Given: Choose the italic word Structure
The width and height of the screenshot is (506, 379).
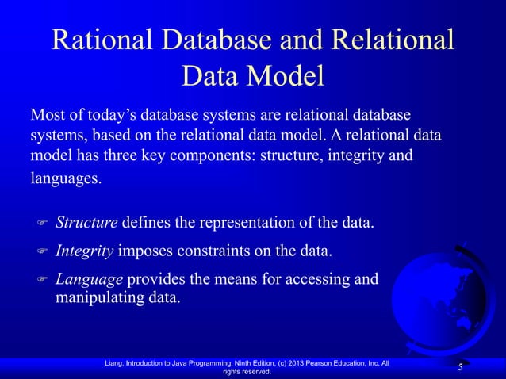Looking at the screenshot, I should (x=86, y=220).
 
